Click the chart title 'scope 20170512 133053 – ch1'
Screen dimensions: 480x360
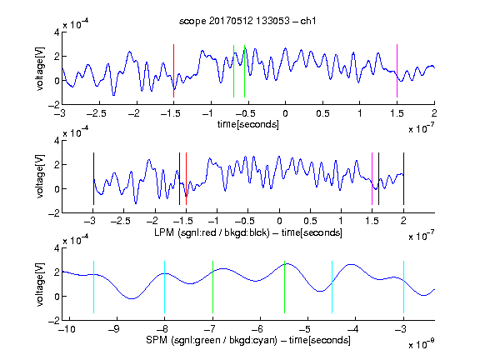[x=247, y=21]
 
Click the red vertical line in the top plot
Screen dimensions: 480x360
[x=173, y=71]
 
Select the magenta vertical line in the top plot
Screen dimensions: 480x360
[x=397, y=71]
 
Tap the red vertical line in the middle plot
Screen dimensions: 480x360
[x=186, y=179]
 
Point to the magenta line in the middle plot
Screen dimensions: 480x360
[x=372, y=179]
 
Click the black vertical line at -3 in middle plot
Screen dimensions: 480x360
[x=93, y=179]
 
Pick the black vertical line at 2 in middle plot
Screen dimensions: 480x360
[x=403, y=179]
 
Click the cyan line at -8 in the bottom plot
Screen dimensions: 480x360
[x=165, y=287]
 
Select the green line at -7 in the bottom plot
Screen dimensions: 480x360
[x=212, y=287]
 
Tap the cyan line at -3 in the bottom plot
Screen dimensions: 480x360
[x=403, y=287]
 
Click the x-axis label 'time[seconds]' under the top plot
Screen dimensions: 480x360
[x=248, y=124]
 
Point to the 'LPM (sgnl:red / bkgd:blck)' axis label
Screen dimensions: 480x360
[x=212, y=232]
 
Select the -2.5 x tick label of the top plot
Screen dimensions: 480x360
[x=97, y=113]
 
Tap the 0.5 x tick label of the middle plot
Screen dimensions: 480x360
[x=310, y=221]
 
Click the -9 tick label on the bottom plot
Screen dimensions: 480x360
[x=114, y=329]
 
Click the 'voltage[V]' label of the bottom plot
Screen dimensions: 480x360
[x=40, y=284]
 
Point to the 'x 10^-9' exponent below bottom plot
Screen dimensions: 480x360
[x=422, y=344]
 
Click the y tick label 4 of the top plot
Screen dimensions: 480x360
[x=57, y=32]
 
